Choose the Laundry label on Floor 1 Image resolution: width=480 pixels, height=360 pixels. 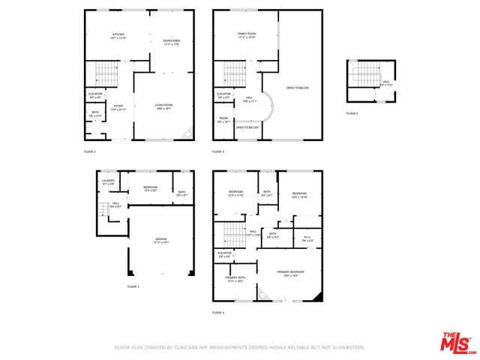[107, 181]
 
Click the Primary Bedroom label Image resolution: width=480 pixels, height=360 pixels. [290, 272]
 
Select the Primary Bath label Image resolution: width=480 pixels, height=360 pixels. [235, 278]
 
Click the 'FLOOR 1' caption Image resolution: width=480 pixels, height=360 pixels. [133, 286]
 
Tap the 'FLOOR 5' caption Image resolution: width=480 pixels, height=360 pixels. [352, 113]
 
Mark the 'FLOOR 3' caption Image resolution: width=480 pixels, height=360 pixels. [218, 151]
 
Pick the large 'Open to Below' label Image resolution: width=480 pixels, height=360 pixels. [298, 88]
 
